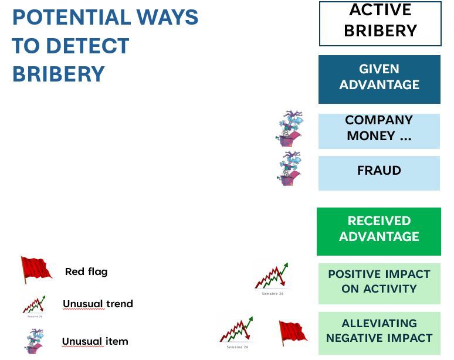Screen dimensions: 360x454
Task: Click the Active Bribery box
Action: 380,23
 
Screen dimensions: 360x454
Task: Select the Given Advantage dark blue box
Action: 379,79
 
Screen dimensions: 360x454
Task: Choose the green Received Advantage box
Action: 379,231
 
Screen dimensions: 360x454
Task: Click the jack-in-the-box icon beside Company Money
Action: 290,128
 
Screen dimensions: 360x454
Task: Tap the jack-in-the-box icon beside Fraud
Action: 290,168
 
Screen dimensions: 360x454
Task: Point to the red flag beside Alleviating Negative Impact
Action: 292,332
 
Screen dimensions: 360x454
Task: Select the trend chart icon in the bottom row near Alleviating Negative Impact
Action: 236,330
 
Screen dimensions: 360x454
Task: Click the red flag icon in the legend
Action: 36,270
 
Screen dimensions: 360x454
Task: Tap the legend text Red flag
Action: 86,271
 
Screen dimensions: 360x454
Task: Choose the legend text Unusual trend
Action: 98,304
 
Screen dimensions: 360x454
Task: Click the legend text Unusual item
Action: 95,341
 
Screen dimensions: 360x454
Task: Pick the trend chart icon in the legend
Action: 34,305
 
